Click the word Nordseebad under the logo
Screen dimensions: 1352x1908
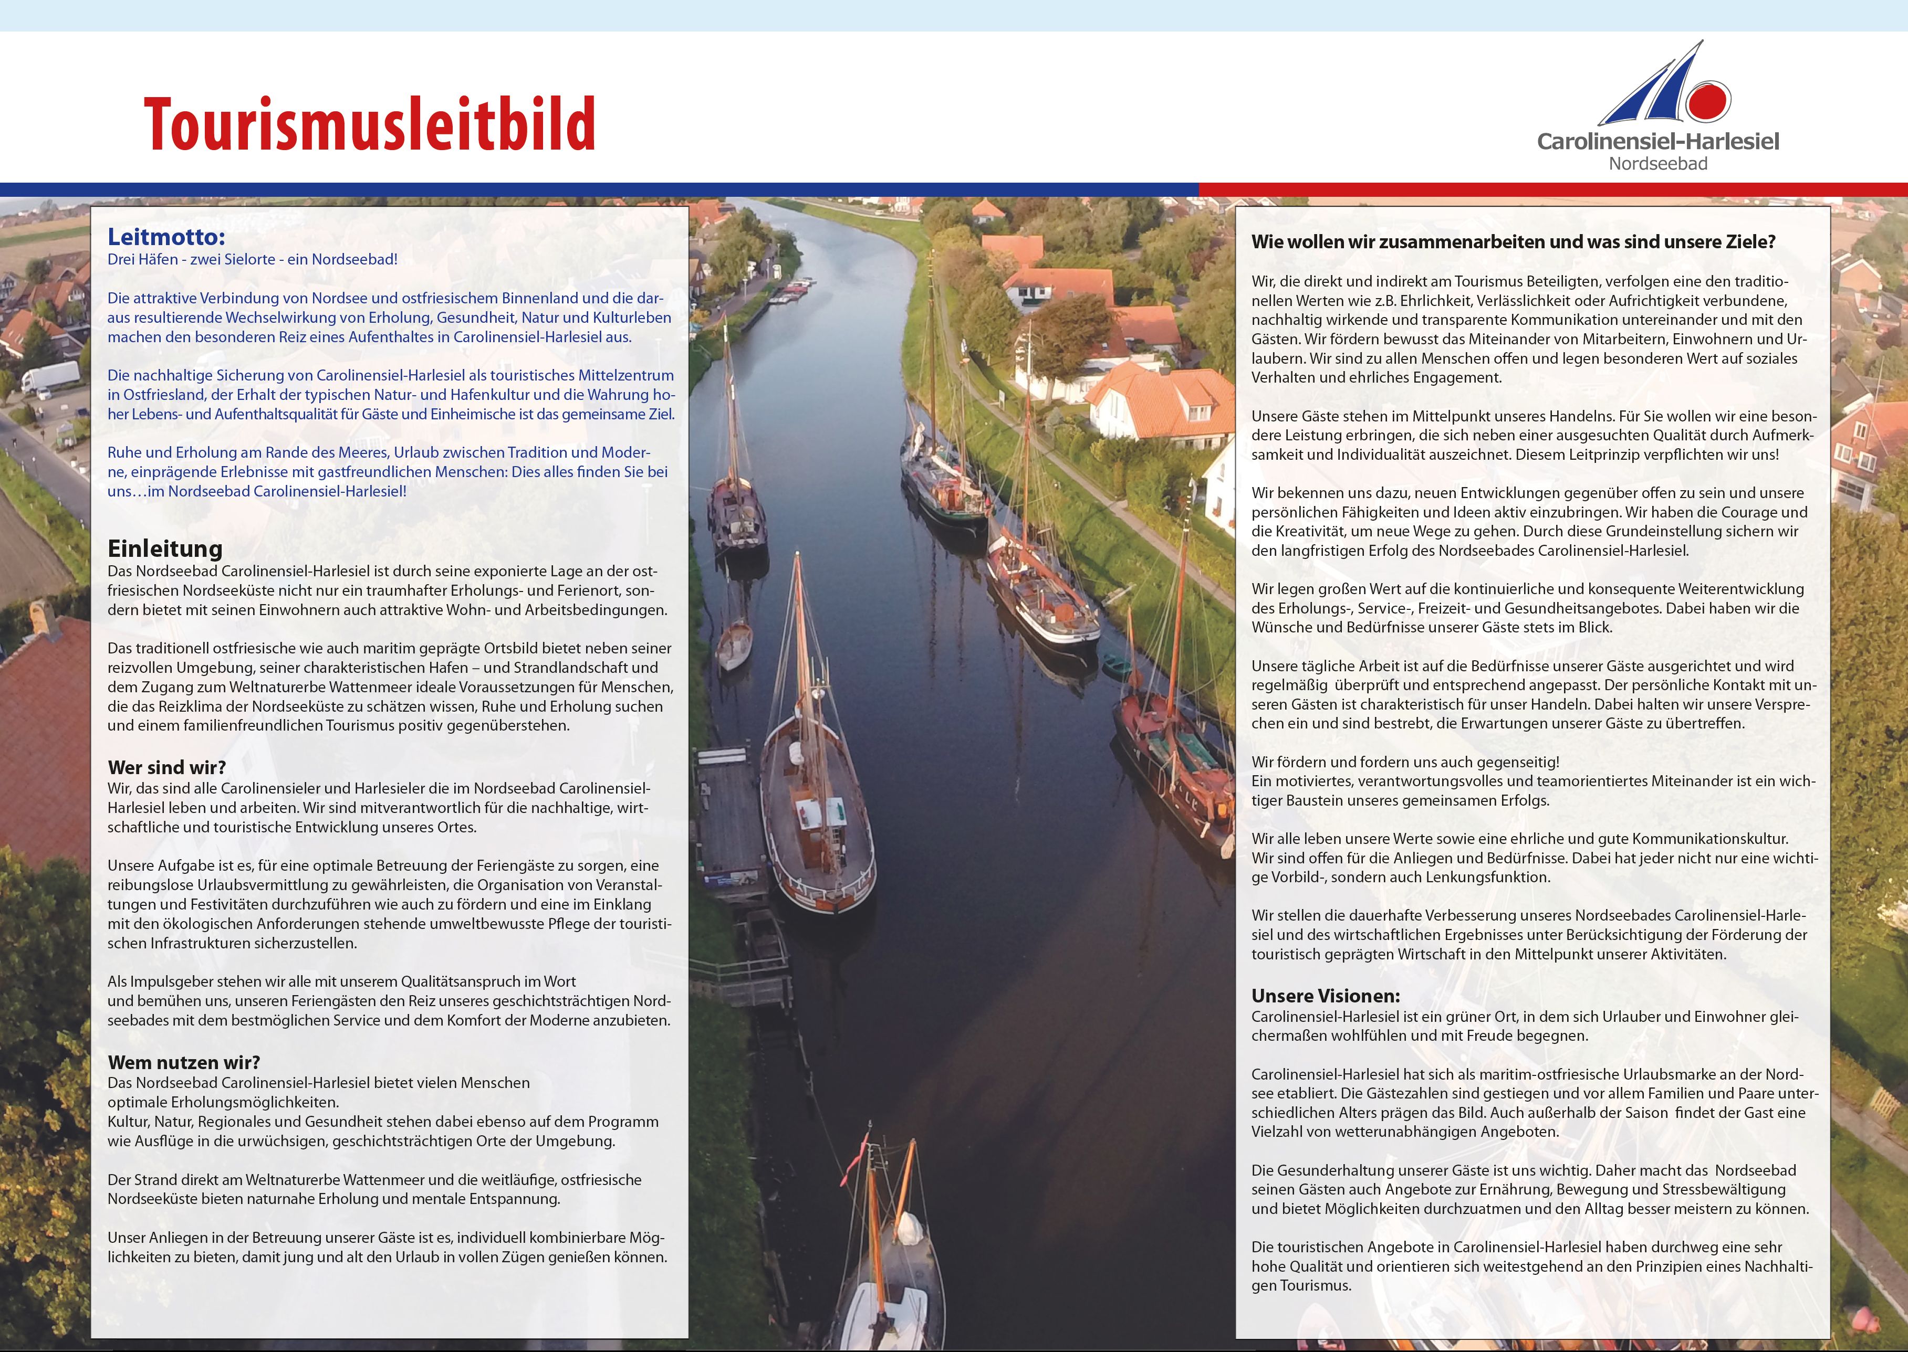(1657, 164)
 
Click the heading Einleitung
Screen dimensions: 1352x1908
(165, 548)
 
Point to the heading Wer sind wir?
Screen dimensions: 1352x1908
(166, 767)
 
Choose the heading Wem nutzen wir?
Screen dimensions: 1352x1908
(183, 1062)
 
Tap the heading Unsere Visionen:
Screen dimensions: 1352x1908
(1325, 996)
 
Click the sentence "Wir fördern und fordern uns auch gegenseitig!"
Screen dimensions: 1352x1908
(1405, 762)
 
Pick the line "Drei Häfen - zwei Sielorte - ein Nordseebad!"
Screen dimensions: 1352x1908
(252, 259)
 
